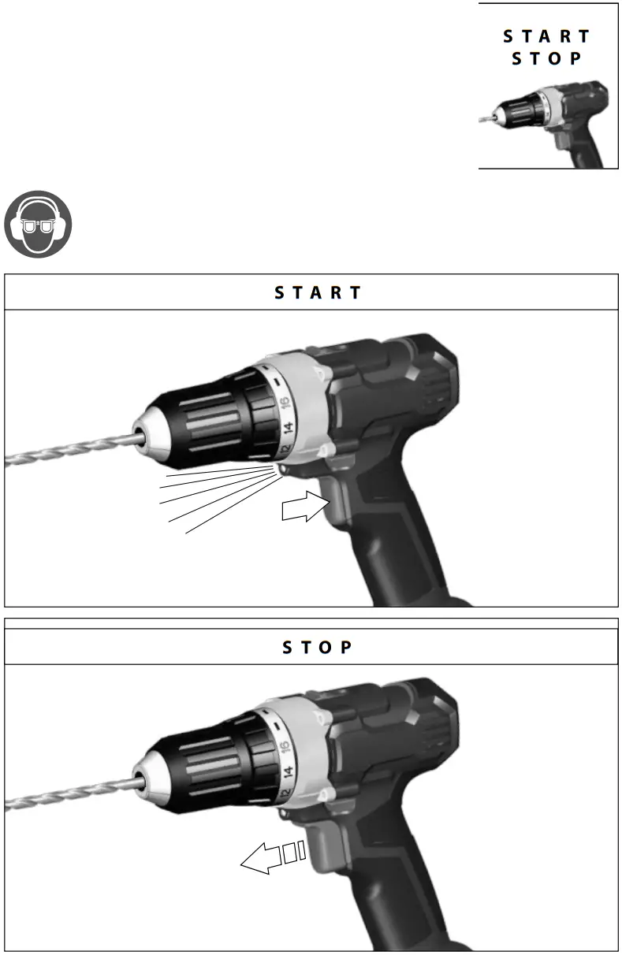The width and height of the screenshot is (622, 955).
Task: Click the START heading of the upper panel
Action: [x=318, y=292]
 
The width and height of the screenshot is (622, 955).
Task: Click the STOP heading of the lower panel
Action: [x=318, y=648]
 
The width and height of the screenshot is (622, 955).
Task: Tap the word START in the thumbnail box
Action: [x=547, y=36]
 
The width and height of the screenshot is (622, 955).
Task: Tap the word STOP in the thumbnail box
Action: [x=547, y=59]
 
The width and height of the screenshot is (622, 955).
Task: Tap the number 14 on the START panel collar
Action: [x=289, y=430]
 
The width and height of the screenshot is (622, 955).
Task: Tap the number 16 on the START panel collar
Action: [x=285, y=402]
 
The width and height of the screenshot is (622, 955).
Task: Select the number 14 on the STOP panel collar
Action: [x=289, y=774]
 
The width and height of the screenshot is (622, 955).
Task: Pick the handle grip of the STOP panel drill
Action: [x=394, y=890]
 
